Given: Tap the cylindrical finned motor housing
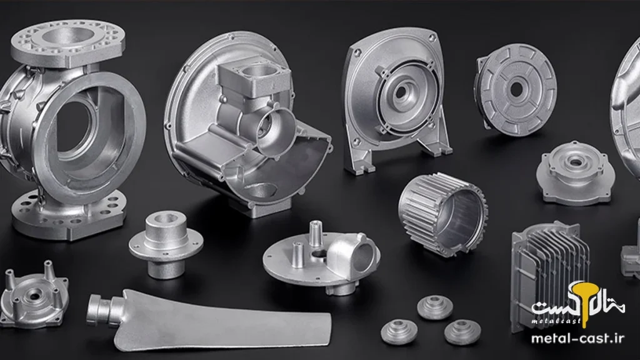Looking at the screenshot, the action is [x=443, y=214].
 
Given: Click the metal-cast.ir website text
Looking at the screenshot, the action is [x=577, y=338].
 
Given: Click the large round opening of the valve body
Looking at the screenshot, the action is [x=77, y=131].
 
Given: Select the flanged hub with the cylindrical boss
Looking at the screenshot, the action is [x=166, y=243].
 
